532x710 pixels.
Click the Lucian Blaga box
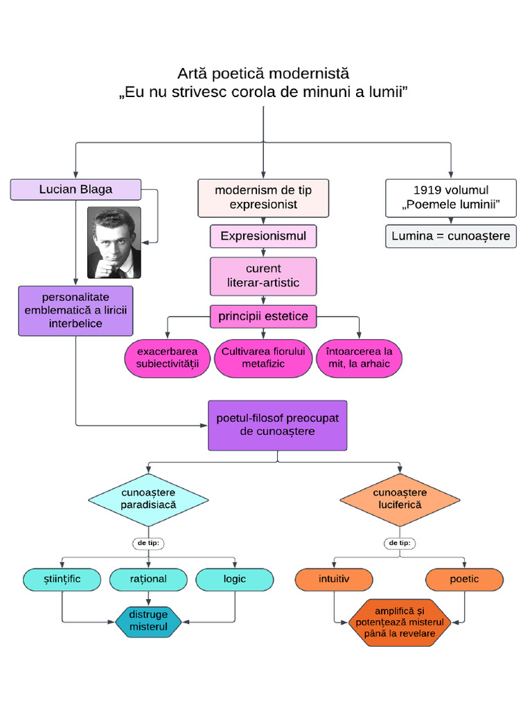(x=76, y=189)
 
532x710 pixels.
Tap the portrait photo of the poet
(x=114, y=242)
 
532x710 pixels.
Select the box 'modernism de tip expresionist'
(x=263, y=198)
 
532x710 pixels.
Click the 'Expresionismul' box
(x=263, y=236)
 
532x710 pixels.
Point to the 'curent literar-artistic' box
(x=263, y=276)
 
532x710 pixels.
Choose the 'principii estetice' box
(x=263, y=317)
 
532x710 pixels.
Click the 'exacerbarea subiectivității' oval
(x=168, y=358)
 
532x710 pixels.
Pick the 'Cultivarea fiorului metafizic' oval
(x=263, y=358)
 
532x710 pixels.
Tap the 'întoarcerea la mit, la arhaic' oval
(x=359, y=358)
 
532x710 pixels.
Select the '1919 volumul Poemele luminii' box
(x=451, y=198)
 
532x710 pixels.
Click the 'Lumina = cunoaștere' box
(x=451, y=236)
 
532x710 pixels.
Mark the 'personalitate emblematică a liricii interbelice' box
(x=76, y=311)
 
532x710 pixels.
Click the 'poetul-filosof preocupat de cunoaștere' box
(x=278, y=425)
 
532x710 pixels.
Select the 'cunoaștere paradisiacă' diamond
(x=149, y=499)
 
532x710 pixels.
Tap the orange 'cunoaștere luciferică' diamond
(x=400, y=499)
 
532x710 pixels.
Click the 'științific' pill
(x=62, y=579)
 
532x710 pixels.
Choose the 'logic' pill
(x=235, y=579)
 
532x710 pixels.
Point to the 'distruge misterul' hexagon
(x=149, y=621)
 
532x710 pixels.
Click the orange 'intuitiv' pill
(x=335, y=579)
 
